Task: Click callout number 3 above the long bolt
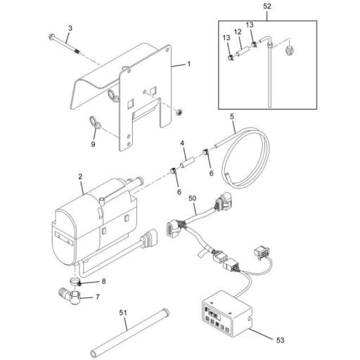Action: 70,28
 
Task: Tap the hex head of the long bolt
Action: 51,37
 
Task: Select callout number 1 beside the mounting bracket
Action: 189,64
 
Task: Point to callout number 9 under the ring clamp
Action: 94,144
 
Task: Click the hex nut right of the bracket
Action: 179,113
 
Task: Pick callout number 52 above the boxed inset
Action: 267,6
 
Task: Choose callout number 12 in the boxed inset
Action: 238,32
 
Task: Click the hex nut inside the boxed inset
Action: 289,51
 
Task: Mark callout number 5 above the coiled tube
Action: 232,117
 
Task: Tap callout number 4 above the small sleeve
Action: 183,143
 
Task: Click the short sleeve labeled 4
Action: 187,162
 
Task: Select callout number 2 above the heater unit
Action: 80,176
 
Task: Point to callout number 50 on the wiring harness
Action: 193,198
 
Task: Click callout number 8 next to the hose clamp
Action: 103,281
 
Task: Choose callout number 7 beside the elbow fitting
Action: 98,297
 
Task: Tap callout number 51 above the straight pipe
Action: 123,313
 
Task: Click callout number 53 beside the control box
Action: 281,340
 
